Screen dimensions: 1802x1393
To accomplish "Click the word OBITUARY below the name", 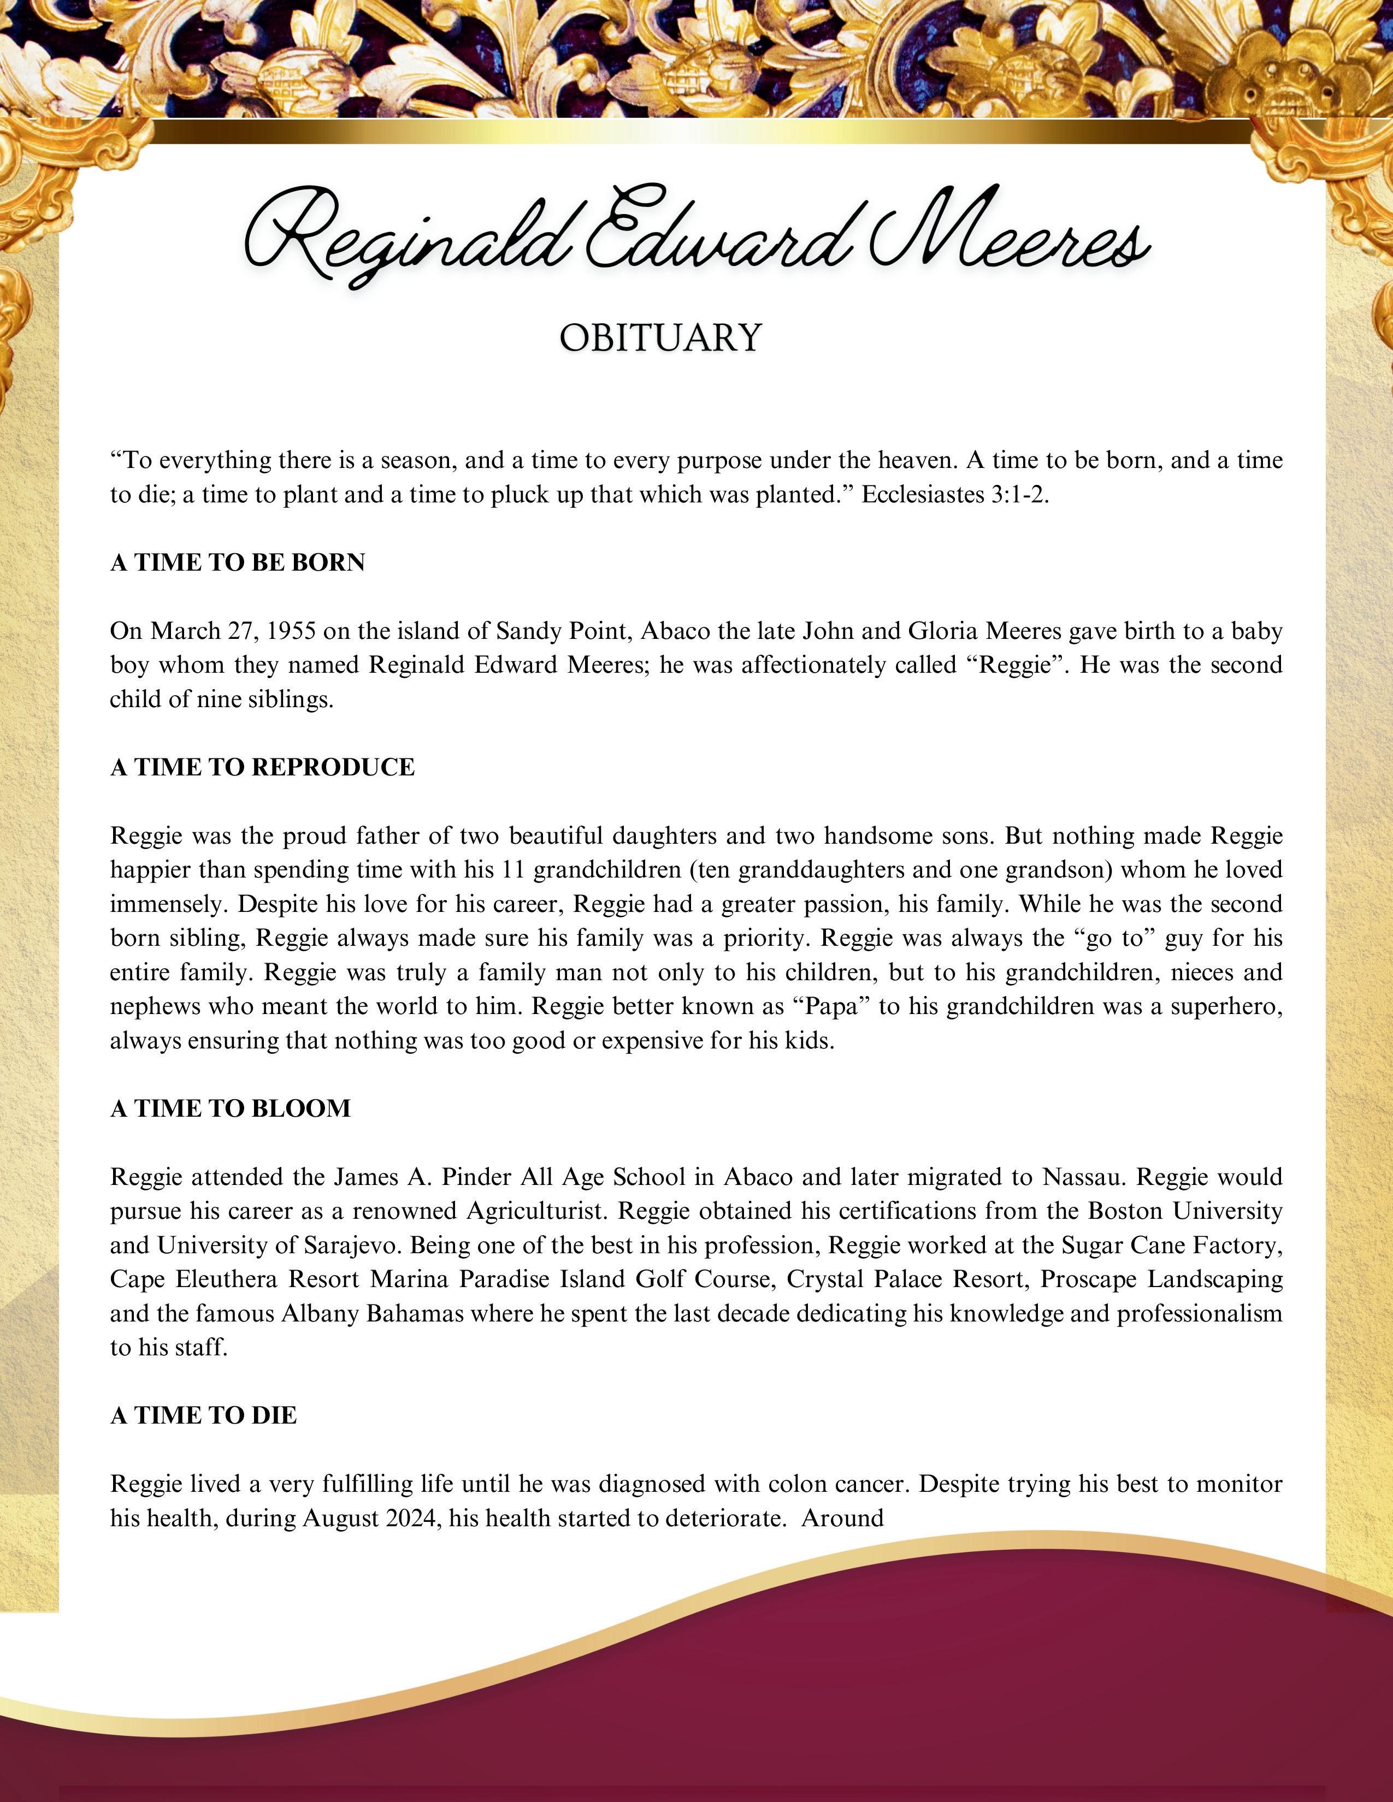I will pyautogui.click(x=660, y=337).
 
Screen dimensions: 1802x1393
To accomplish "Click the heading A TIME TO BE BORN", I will pyautogui.click(x=238, y=562).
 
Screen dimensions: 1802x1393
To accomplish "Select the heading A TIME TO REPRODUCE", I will pyautogui.click(x=262, y=767).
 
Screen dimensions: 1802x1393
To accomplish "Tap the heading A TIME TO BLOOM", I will pyautogui.click(x=230, y=1108).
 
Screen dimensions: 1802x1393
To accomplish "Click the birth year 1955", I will pyautogui.click(x=292, y=631).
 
